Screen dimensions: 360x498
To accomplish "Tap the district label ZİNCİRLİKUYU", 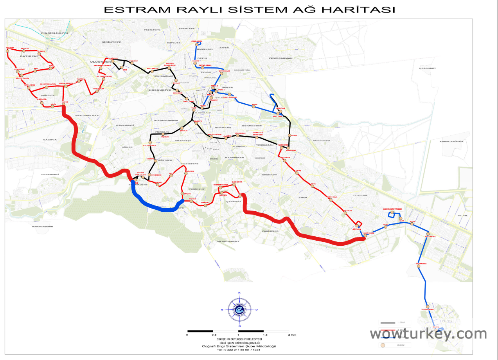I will point(54,33).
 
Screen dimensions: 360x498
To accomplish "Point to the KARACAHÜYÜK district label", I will point(451,141).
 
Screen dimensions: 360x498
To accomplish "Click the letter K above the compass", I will point(239,293).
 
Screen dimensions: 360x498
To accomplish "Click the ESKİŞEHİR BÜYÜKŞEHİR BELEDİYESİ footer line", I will point(239,339).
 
